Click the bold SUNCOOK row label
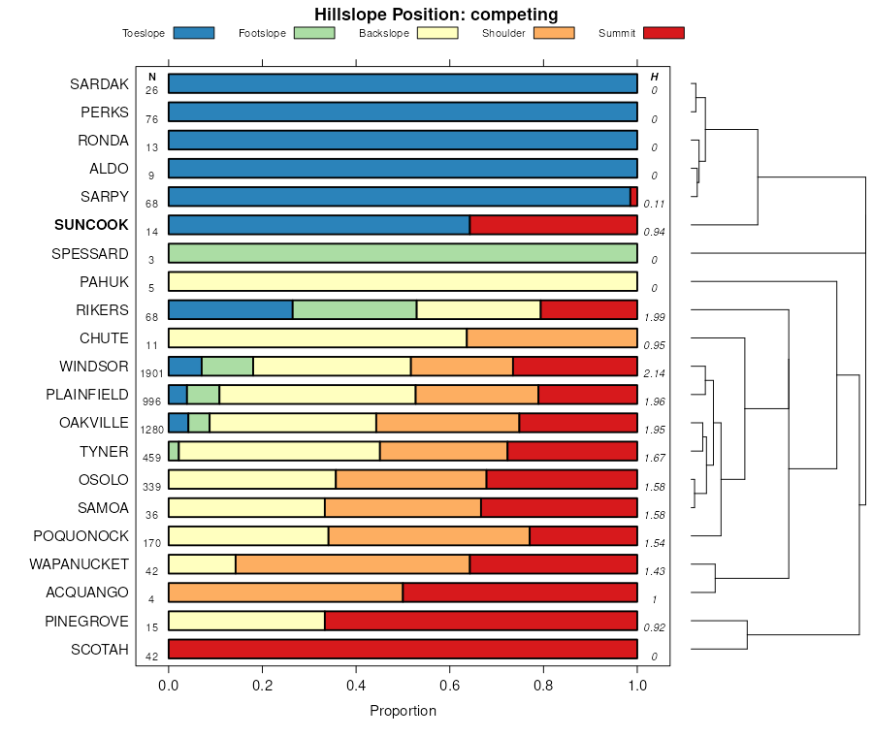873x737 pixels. (91, 225)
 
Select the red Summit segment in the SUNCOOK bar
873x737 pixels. (553, 225)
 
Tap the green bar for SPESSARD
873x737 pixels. (403, 254)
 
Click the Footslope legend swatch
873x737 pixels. (313, 33)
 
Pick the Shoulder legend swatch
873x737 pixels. (554, 33)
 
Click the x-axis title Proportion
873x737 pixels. (403, 711)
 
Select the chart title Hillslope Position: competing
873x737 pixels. (436, 14)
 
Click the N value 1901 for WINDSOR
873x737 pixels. (151, 373)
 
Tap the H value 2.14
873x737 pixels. (655, 373)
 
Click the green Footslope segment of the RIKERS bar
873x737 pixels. (354, 310)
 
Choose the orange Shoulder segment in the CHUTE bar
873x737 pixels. (551, 338)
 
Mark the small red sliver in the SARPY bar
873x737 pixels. (633, 197)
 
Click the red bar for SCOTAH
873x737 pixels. (403, 650)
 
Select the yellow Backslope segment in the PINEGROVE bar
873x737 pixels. (246, 622)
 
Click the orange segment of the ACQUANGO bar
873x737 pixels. (285, 593)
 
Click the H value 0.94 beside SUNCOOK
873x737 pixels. (655, 233)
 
